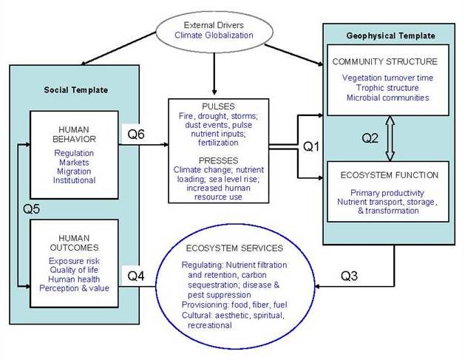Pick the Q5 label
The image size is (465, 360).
[27, 208]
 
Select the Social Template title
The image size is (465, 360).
[76, 89]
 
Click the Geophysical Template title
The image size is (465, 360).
[390, 35]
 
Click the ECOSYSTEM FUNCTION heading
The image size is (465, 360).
[389, 175]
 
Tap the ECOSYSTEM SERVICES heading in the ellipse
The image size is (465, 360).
[235, 248]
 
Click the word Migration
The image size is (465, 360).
[73, 171]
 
